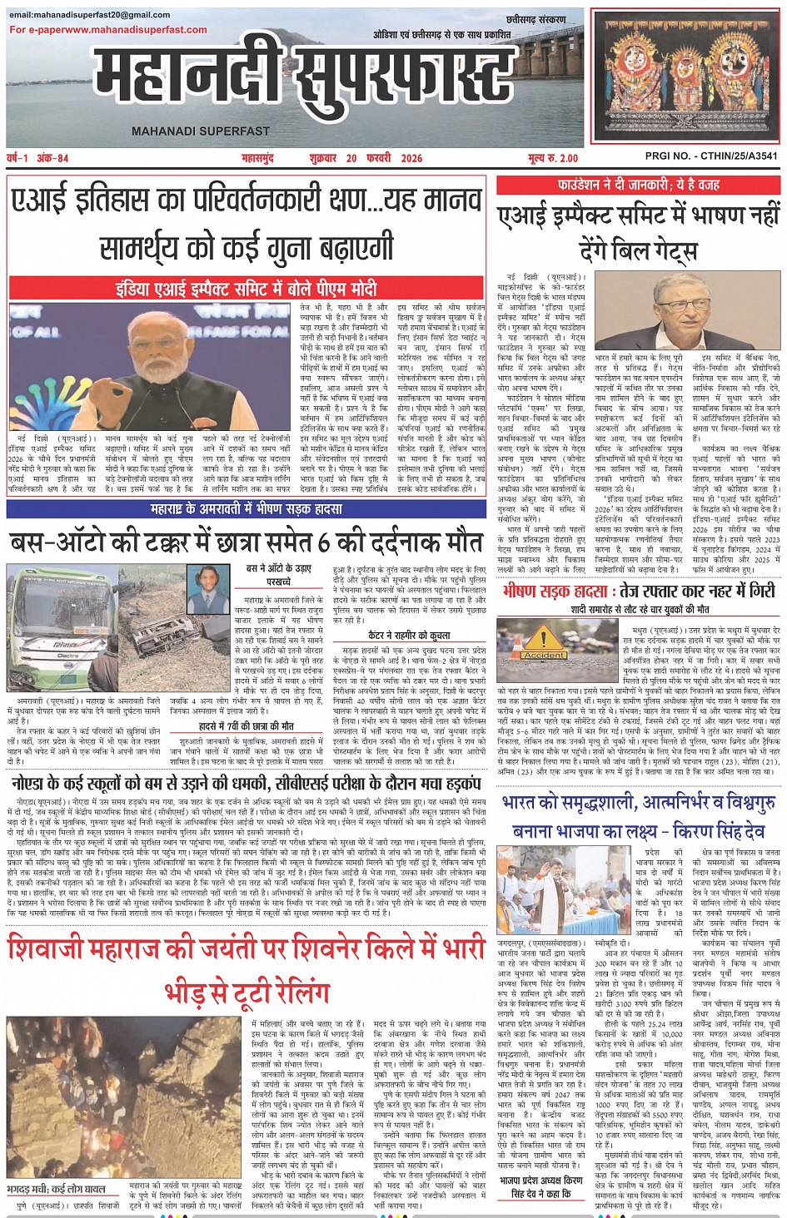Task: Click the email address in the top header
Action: pos(90,14)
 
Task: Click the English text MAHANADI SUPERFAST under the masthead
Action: pos(200,131)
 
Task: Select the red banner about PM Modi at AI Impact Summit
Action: pos(247,289)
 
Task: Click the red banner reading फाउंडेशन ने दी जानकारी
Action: pos(639,184)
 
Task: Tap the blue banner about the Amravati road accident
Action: pos(247,509)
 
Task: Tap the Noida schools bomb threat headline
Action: pos(247,783)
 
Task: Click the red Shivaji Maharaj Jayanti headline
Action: pos(247,968)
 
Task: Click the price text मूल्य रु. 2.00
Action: pos(552,157)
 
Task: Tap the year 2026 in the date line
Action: pos(411,157)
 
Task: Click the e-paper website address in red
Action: pos(108,30)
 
